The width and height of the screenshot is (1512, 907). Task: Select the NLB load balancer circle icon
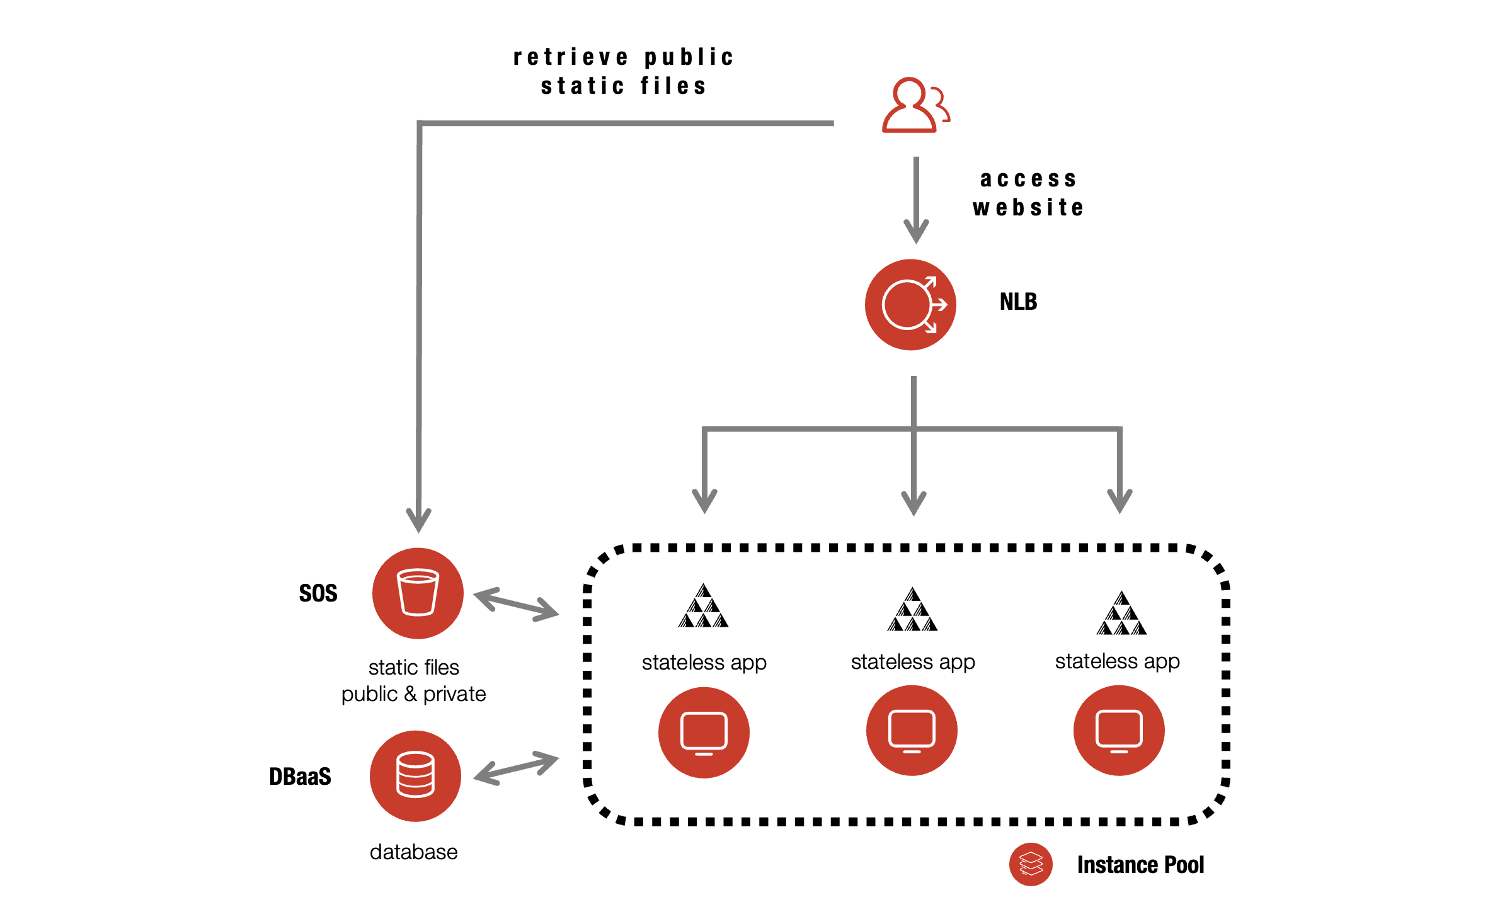[910, 305]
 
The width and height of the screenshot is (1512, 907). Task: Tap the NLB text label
[1018, 302]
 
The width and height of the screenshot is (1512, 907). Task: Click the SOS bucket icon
[418, 593]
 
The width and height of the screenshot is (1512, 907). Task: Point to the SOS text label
[318, 593]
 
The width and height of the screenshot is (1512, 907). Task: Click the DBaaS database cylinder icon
[415, 775]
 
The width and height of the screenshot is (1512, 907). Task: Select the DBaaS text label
[300, 777]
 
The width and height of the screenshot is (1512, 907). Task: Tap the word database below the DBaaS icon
[413, 852]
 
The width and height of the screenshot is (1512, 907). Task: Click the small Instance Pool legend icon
[1031, 864]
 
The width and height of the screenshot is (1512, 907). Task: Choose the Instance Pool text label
[1140, 865]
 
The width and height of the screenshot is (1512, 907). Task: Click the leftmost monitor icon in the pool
[704, 733]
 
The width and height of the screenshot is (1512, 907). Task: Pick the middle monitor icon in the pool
[912, 731]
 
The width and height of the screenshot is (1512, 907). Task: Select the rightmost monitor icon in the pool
[1119, 731]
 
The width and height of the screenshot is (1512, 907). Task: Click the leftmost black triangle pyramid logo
[703, 607]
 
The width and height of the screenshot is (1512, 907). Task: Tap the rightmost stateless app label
[1117, 661]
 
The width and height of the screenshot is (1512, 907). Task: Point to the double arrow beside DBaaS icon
[516, 768]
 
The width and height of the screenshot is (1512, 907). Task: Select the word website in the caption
[1028, 208]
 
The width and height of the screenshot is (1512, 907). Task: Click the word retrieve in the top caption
[571, 57]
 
